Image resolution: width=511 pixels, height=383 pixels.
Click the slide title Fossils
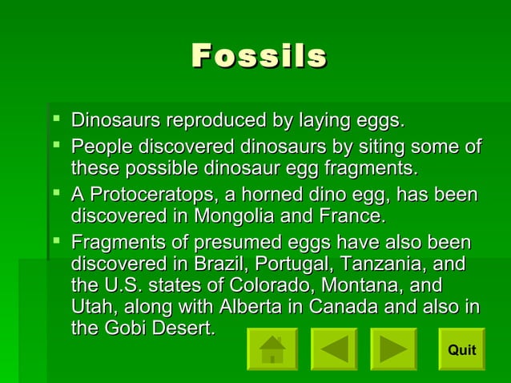259,56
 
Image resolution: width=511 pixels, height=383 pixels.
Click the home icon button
272,349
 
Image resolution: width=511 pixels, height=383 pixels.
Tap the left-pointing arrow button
334,349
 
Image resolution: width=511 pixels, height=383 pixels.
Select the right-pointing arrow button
393,349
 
